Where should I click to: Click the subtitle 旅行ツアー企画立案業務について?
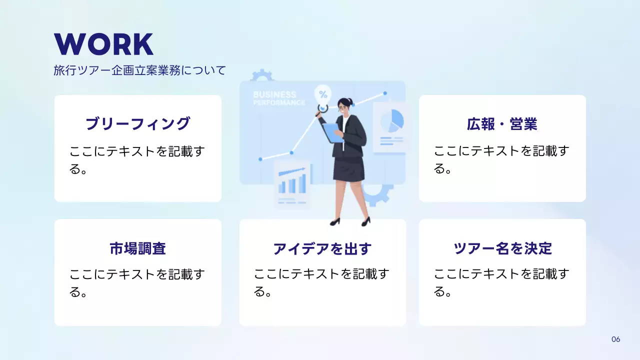tap(139, 70)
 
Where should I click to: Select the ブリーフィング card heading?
tap(137, 123)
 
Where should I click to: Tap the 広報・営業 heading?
tap(502, 124)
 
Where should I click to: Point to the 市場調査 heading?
tap(137, 248)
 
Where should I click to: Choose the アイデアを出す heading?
tap(322, 248)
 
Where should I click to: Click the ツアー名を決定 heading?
tap(502, 248)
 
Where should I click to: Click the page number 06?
tap(615, 339)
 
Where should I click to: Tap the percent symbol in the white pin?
tap(323, 93)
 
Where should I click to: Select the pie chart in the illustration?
tap(392, 120)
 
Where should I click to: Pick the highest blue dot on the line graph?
tap(385, 93)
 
